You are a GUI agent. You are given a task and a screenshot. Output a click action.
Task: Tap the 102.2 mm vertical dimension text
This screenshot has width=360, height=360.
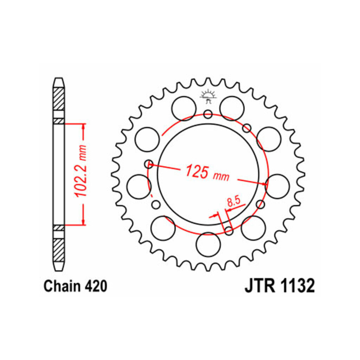tap(81, 171)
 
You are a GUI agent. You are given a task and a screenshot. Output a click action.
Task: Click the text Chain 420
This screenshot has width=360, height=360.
tap(75, 286)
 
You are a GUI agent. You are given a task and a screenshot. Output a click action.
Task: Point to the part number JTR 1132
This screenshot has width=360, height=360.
tap(279, 286)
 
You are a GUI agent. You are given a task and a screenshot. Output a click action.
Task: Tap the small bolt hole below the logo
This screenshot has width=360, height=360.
tap(208, 114)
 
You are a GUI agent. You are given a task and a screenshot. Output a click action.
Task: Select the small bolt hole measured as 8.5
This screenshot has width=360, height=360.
tap(229, 231)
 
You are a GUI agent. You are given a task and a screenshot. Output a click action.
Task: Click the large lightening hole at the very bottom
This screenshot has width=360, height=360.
tap(208, 245)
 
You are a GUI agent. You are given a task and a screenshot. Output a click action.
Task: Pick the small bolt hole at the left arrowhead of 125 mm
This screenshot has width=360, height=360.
tap(149, 164)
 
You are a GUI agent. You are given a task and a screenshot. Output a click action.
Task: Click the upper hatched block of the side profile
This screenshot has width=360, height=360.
tap(59, 99)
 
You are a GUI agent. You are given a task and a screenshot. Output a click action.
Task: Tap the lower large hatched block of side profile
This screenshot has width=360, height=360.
tap(59, 250)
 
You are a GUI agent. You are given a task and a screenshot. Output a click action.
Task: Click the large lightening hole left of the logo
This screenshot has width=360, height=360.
tap(184, 108)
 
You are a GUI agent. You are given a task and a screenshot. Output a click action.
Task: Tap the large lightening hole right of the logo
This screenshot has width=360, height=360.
tap(232, 108)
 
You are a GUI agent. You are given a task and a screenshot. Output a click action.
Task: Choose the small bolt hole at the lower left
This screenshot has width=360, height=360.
tap(156, 204)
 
